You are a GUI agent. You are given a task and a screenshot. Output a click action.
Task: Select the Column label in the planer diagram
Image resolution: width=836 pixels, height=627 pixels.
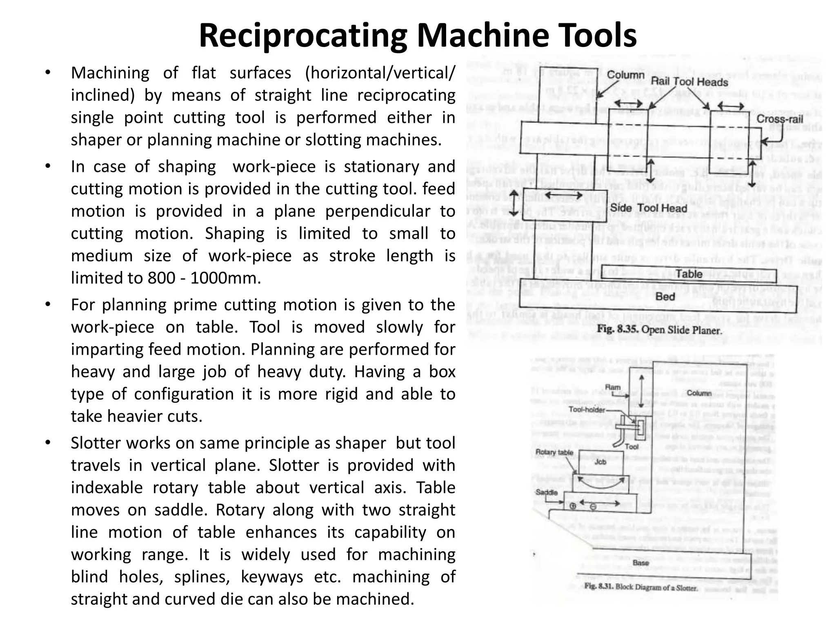point(625,75)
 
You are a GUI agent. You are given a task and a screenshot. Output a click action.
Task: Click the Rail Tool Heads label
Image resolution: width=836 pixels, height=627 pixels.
point(689,82)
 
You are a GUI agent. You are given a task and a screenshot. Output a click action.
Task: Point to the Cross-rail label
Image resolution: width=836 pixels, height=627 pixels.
point(780,119)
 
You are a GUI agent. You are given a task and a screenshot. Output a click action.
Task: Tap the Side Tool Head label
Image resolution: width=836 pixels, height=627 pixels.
point(649,208)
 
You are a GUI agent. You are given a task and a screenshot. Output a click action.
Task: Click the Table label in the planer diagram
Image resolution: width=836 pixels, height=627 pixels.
point(689,274)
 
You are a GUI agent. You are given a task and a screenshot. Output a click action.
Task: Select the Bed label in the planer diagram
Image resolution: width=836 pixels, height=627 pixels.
point(665,297)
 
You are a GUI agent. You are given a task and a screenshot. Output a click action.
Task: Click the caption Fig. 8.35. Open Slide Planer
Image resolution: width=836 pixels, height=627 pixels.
point(660,330)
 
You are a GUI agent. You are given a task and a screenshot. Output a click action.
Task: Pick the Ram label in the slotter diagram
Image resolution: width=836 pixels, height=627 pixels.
point(612,387)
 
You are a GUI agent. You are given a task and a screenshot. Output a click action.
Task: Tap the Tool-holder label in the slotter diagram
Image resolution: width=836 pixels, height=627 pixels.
point(587,409)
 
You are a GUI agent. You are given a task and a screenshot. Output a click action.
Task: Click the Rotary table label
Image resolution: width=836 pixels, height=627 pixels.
point(554,452)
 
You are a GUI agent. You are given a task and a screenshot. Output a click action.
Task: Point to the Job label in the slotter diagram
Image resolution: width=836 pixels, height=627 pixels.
point(600,462)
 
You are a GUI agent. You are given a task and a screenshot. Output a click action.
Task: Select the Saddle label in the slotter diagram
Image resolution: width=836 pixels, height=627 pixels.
point(546,492)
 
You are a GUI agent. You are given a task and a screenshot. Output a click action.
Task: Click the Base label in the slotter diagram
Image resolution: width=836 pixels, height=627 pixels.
point(640,563)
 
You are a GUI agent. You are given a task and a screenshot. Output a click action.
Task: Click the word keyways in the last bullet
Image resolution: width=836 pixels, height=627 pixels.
point(272,577)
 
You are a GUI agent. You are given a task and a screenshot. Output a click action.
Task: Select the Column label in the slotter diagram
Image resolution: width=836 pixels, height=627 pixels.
point(699,393)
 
